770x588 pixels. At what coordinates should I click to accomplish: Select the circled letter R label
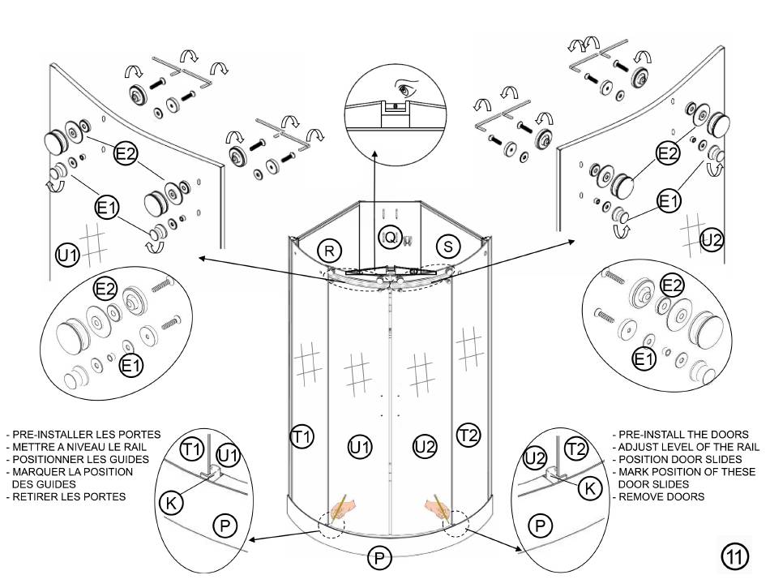click(x=328, y=250)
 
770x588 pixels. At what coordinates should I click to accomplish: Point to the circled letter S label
click(x=448, y=245)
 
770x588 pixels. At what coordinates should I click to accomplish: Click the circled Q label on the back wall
click(x=391, y=237)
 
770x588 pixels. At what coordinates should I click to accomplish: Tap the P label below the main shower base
click(x=379, y=557)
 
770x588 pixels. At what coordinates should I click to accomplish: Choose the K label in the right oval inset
click(x=592, y=487)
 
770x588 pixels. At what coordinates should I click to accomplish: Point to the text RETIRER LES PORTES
click(x=68, y=496)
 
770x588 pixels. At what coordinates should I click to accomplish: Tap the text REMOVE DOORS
click(x=661, y=496)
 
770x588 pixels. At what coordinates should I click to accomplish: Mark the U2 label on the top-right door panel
click(x=712, y=239)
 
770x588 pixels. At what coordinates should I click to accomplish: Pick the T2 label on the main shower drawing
click(x=468, y=435)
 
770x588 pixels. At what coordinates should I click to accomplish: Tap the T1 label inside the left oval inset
click(x=191, y=448)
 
